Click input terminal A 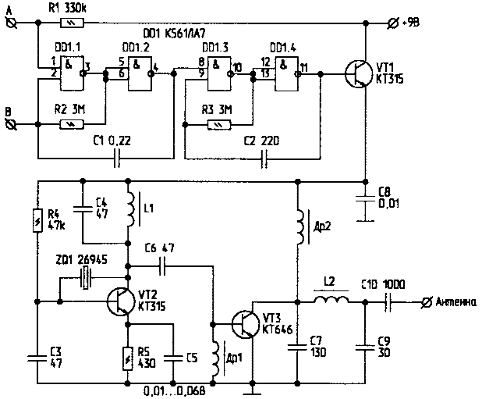pos(12,23)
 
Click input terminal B pos(12,123)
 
